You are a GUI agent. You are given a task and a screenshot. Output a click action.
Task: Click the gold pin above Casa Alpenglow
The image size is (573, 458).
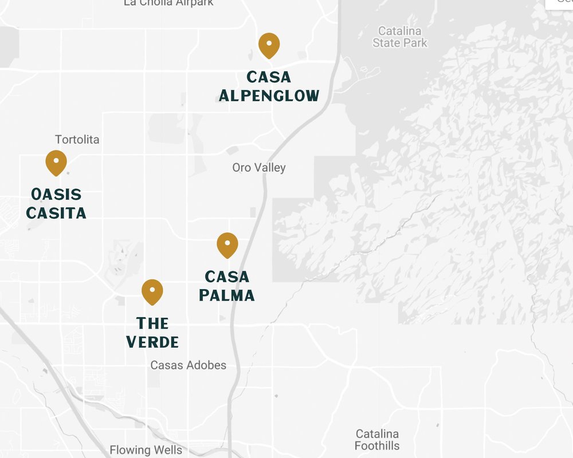pos(269,45)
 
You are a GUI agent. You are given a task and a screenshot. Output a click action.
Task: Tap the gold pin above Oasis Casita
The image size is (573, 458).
pos(56,163)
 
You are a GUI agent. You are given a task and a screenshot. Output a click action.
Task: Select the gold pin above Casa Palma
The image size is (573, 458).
pos(227,245)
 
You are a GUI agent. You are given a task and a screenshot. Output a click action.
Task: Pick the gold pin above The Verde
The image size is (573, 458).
pos(152,291)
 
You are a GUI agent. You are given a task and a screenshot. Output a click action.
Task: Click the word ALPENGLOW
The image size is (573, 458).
pos(269,95)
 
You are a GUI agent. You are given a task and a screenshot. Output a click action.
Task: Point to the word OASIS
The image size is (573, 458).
pos(56,194)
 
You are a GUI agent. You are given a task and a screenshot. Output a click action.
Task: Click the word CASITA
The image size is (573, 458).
pos(56,213)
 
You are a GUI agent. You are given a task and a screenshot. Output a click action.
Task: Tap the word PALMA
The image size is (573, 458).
pos(227,295)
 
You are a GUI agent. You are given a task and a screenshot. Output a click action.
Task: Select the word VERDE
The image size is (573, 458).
pos(152,342)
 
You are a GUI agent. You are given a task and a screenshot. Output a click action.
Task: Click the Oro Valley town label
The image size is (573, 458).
pos(259,168)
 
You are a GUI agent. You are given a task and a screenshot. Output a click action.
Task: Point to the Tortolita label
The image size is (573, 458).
pos(77,140)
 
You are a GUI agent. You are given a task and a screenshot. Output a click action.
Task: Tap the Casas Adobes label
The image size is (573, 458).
pos(188,365)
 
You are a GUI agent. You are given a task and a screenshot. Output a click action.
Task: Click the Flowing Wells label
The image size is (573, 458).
pos(146,450)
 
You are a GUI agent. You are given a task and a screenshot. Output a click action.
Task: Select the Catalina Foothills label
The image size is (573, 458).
pos(377,440)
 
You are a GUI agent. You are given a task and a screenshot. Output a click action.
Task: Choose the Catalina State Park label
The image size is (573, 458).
pos(400,37)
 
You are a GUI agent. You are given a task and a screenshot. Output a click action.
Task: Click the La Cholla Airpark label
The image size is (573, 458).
pos(168,3)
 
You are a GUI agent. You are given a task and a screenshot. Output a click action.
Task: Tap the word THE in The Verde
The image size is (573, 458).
pos(152,323)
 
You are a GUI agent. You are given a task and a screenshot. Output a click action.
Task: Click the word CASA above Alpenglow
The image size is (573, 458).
pos(269,77)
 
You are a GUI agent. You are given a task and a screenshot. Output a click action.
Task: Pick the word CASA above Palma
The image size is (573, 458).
pos(227,277)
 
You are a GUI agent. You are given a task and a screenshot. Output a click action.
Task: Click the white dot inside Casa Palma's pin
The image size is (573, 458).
pos(227,243)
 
